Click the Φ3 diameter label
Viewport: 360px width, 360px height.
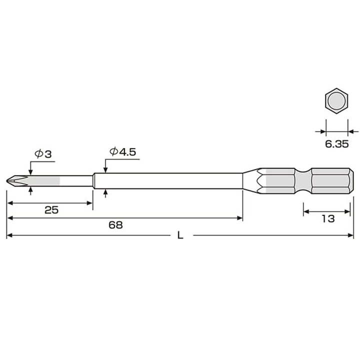point(43,154)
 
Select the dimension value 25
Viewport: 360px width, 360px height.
point(51,210)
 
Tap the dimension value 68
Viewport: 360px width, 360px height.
point(115,225)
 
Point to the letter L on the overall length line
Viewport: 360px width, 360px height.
point(180,235)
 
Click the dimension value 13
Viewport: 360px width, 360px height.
point(328,218)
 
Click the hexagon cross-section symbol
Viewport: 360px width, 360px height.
point(335,102)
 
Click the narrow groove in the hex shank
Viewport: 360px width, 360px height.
point(303,180)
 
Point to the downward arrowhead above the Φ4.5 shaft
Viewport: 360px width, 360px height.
point(105,169)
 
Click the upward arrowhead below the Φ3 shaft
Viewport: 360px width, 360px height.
point(31,189)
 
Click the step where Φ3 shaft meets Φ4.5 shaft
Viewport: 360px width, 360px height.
point(93,180)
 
